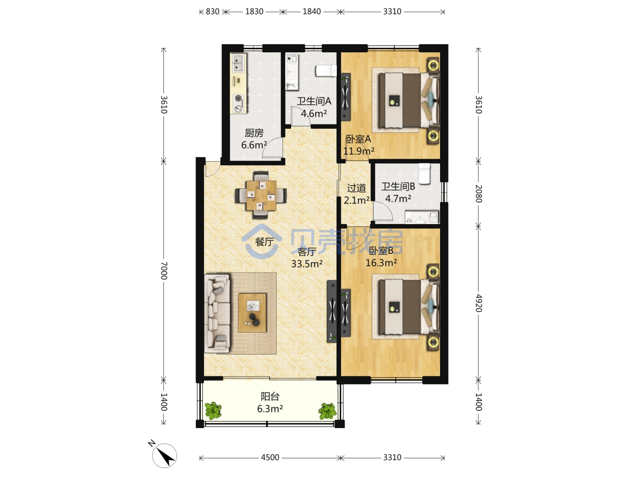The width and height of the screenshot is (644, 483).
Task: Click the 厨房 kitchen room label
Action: [x=254, y=133]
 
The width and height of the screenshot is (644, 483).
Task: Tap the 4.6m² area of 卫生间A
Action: [x=314, y=114]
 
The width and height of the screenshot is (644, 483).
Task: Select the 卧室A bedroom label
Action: [x=358, y=139]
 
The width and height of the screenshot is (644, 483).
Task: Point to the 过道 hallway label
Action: [x=356, y=188]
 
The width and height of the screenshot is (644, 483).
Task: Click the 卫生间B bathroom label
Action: [x=398, y=186]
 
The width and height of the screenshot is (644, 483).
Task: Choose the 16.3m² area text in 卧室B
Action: [x=381, y=263]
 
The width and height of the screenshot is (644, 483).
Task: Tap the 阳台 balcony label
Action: [x=270, y=397]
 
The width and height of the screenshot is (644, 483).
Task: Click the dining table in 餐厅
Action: [x=261, y=195]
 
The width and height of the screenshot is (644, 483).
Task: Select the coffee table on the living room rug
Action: [x=252, y=313]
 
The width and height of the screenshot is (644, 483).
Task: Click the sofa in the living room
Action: [x=217, y=314]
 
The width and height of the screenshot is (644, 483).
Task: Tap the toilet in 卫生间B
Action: [x=424, y=174]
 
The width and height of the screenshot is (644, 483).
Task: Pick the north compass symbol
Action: [x=164, y=455]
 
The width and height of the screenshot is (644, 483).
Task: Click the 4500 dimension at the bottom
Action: [x=270, y=458]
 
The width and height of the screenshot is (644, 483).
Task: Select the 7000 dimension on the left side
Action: [x=164, y=271]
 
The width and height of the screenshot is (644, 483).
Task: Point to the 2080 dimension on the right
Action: [x=479, y=194]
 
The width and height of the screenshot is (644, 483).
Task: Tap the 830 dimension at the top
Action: [x=212, y=12]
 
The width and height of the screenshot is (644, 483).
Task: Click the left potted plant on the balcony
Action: [x=213, y=411]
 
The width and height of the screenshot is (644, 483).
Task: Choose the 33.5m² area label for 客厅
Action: [x=307, y=264]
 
